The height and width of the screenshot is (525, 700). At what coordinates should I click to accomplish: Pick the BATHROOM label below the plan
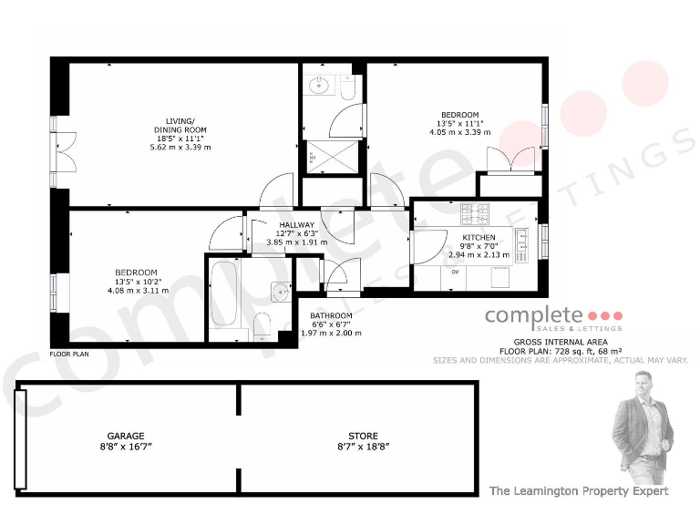point(332,315)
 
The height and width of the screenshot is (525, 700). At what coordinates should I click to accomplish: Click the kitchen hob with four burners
point(476,215)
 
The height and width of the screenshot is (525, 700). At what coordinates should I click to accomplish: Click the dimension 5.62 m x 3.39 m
point(180,147)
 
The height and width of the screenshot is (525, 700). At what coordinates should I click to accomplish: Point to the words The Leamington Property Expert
point(579,490)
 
